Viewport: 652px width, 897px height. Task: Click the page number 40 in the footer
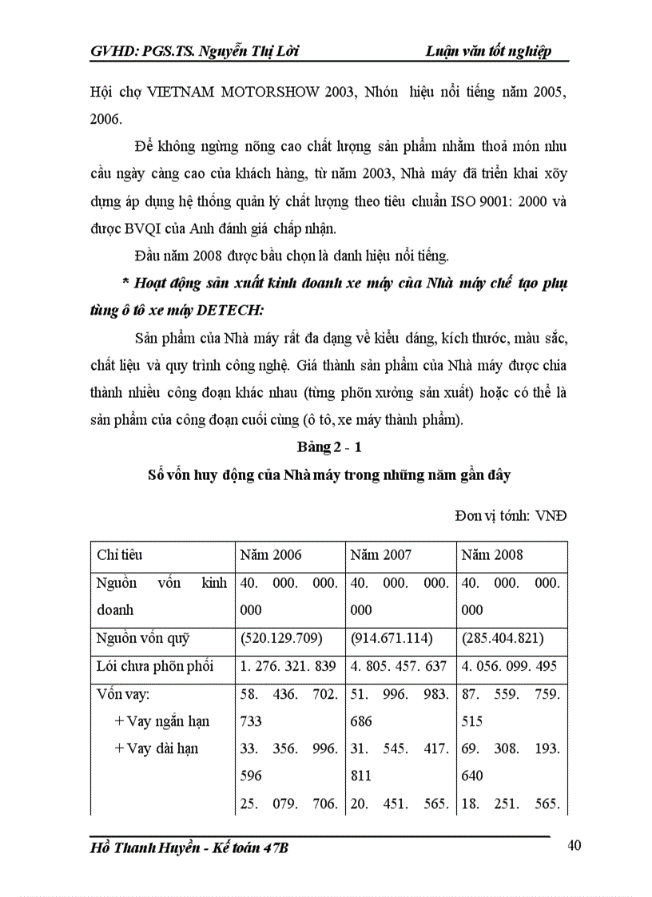tap(574, 847)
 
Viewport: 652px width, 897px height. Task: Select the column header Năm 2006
tap(271, 554)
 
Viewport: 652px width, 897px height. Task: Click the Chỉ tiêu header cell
tap(120, 554)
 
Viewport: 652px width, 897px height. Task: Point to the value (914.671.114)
tap(392, 637)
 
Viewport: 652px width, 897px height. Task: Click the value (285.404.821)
tap(503, 637)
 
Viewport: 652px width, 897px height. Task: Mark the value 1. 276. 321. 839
tap(288, 665)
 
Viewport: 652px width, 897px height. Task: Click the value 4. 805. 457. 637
tap(399, 665)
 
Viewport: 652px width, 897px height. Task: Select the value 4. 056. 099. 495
tap(511, 665)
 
